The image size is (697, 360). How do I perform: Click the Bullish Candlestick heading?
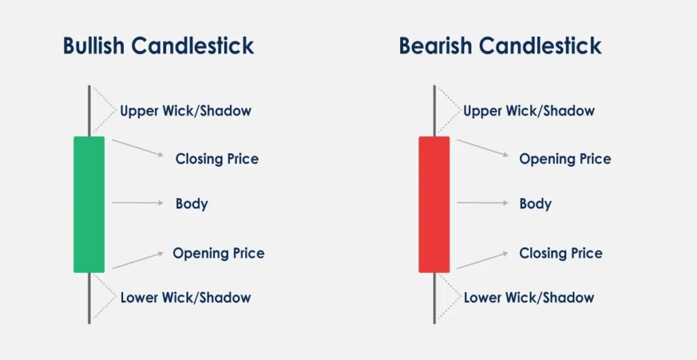pyautogui.click(x=159, y=46)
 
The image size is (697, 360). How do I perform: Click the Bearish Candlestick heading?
pyautogui.click(x=500, y=46)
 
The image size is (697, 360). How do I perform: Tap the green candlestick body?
pyautogui.click(x=89, y=204)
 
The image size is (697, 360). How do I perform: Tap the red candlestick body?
pyautogui.click(x=434, y=204)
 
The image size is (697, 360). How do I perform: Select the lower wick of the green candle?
pyautogui.click(x=89, y=298)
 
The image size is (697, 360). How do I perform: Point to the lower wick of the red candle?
pyautogui.click(x=434, y=298)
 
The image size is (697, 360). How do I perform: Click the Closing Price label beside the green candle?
pyautogui.click(x=217, y=159)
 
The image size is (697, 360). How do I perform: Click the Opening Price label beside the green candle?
pyautogui.click(x=218, y=254)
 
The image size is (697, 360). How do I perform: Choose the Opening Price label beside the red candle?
pyautogui.click(x=565, y=159)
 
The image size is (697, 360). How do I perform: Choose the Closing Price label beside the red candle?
pyautogui.click(x=561, y=254)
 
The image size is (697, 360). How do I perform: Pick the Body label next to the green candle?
pyautogui.click(x=192, y=203)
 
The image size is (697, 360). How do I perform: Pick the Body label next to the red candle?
pyautogui.click(x=536, y=203)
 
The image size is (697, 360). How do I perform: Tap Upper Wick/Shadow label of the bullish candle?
pyautogui.click(x=186, y=111)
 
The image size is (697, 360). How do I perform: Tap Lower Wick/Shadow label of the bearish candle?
pyautogui.click(x=529, y=298)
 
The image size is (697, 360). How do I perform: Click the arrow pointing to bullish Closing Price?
pyautogui.click(x=137, y=148)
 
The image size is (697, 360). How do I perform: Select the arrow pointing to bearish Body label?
pyautogui.click(x=482, y=203)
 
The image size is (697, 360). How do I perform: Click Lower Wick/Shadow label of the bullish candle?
pyautogui.click(x=186, y=298)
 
